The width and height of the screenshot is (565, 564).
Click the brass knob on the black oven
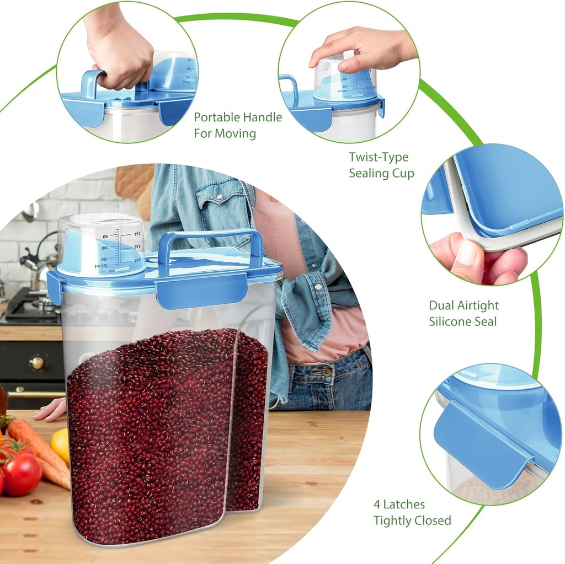[x=38, y=363]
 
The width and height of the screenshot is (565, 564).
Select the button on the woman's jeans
[x=327, y=372]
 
